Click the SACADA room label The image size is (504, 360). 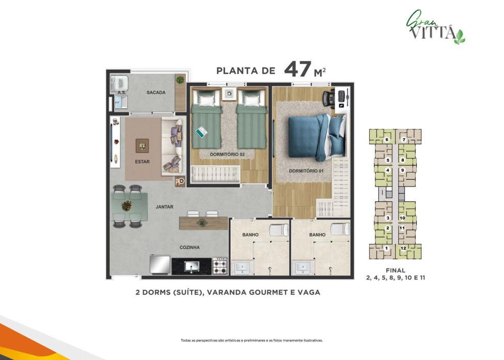156,92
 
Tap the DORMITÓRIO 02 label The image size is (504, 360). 227,154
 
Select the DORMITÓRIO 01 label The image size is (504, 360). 306,171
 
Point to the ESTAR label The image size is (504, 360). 142,162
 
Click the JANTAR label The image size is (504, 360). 164,207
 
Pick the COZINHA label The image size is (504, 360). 190,247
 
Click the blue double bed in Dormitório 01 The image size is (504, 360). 317,137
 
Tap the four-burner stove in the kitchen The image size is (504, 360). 220,267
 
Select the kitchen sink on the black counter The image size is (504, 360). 192,267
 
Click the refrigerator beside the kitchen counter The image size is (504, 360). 160,265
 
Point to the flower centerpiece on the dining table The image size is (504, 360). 127,206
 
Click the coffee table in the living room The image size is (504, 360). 142,146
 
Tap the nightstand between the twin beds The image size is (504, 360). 229,94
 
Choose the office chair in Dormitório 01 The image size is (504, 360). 328,97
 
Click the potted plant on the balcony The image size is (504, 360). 180,80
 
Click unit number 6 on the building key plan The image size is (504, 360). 387,139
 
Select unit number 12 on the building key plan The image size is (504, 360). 403,248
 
